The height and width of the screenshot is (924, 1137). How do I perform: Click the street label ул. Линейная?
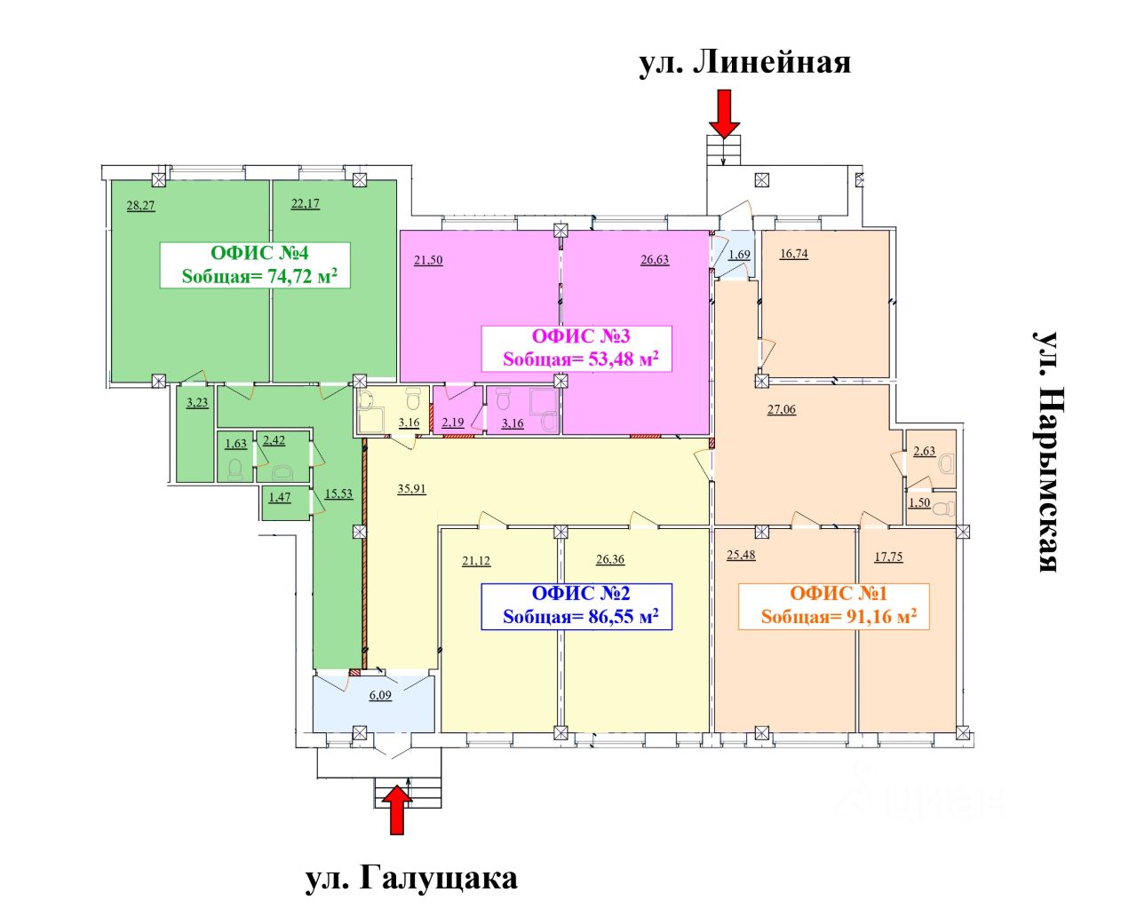point(744,62)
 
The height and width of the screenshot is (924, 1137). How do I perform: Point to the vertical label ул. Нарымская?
point(1046,452)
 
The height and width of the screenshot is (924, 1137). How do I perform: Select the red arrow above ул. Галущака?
point(396,809)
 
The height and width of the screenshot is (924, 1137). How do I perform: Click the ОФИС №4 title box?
point(255,265)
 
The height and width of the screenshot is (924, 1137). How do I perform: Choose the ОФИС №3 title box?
point(576,348)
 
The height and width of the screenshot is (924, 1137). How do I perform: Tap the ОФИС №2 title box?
point(576,606)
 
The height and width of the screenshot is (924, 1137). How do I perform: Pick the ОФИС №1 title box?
point(834,606)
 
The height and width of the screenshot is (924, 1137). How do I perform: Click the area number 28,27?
point(141,206)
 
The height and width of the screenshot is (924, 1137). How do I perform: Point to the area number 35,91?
point(411,489)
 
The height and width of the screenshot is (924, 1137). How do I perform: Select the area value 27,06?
point(782,410)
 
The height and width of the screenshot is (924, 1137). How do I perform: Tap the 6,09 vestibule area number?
point(380,695)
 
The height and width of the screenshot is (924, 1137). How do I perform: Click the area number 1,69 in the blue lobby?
point(739,255)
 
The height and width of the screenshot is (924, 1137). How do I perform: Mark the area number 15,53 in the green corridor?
point(339,494)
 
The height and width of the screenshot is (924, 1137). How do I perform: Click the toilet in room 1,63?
point(235,469)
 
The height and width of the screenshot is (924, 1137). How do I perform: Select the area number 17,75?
point(888,557)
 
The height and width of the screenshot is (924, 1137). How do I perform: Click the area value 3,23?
point(197,403)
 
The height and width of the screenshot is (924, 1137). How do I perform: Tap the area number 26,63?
point(655,260)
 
